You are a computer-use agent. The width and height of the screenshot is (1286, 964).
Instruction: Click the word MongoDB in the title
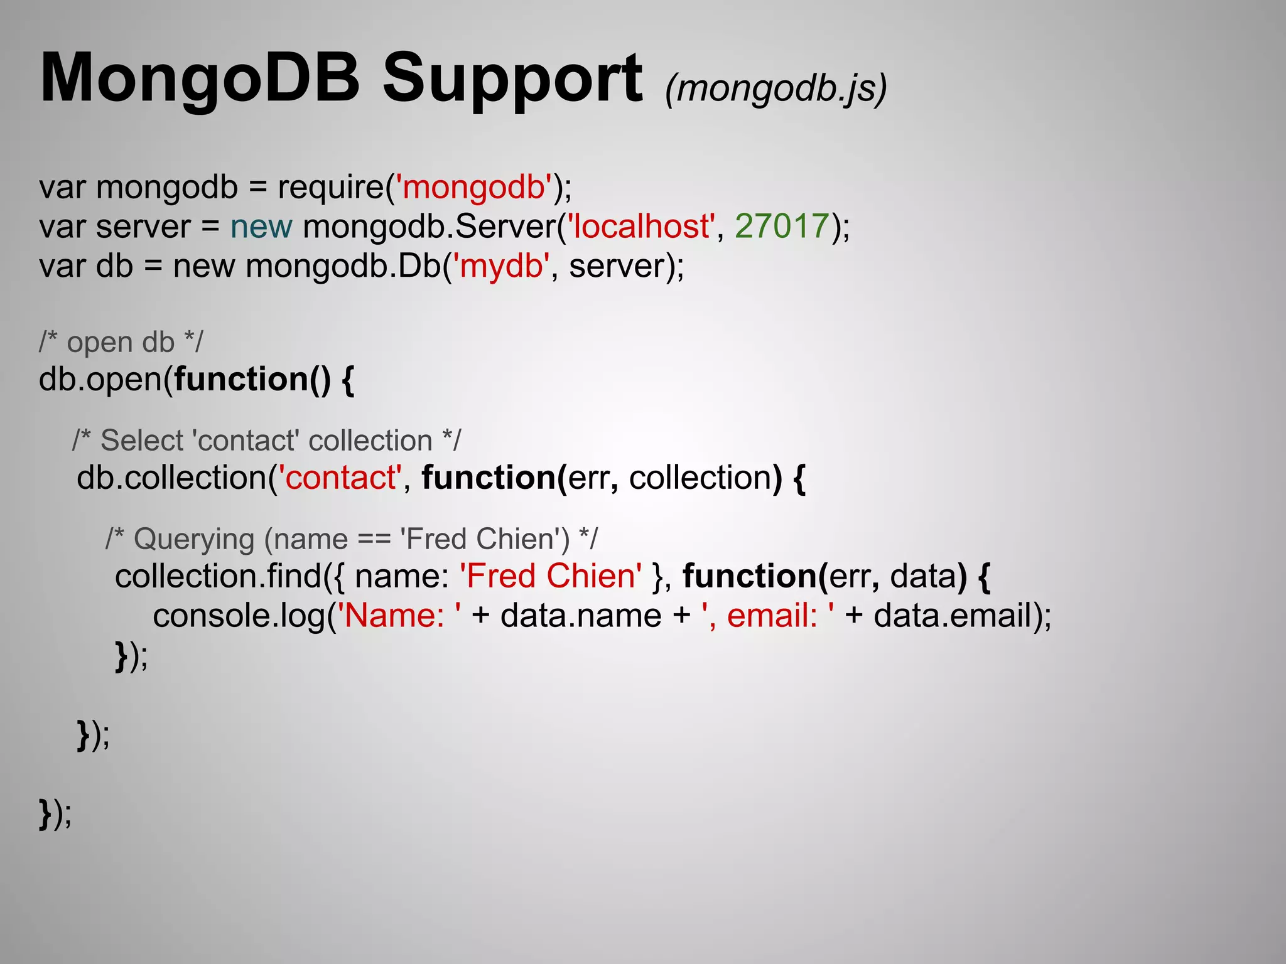[x=200, y=79]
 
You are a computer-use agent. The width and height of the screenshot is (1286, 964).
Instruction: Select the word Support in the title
[x=512, y=79]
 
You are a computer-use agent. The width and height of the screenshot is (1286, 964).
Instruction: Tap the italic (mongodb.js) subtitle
[x=776, y=88]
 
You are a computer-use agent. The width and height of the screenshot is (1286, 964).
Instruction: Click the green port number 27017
[x=782, y=226]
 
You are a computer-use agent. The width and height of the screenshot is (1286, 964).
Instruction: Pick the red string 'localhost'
[x=641, y=226]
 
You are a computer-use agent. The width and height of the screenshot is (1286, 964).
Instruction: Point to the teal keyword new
[x=261, y=226]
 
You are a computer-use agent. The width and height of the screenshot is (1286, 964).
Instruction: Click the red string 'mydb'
[x=501, y=265]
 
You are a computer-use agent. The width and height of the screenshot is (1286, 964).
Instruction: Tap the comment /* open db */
[x=121, y=343]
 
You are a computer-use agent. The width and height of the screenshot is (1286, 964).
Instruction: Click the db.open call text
[x=100, y=380]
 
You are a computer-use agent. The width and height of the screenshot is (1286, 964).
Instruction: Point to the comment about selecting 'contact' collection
[x=267, y=441]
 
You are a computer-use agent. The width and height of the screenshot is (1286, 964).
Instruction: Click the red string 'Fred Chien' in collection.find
[x=551, y=576]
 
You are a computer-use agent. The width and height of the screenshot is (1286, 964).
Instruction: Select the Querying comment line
[x=352, y=539]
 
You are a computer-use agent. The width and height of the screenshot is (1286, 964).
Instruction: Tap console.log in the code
[x=239, y=616]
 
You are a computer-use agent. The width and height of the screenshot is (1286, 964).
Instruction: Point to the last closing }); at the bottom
[x=55, y=814]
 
